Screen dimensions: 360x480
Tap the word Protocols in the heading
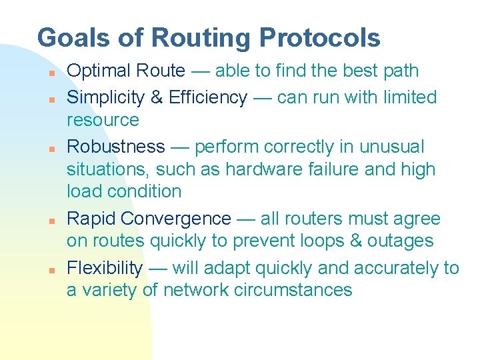(320, 37)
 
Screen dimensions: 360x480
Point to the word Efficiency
(208, 97)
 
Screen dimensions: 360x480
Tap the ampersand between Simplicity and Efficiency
(158, 97)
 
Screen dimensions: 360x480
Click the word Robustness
(116, 147)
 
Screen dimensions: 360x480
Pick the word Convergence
(177, 219)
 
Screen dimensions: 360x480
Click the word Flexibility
(105, 268)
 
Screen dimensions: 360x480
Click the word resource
(103, 120)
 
